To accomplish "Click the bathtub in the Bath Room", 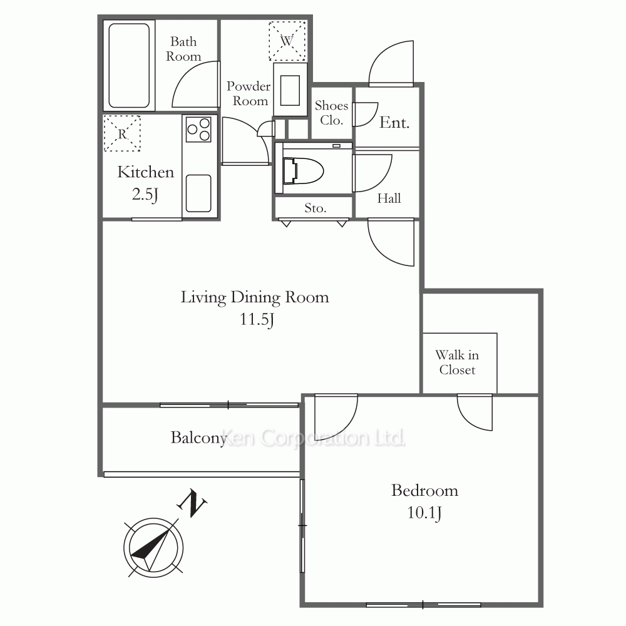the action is (x=129, y=66).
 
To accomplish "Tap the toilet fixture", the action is (x=302, y=171).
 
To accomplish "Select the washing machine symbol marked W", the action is (x=287, y=41).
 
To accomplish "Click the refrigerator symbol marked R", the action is (x=122, y=133).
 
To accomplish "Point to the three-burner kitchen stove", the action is (x=198, y=129).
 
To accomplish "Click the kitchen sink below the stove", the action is (x=198, y=193).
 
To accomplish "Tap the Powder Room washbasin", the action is (x=290, y=90).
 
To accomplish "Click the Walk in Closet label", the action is (x=457, y=362).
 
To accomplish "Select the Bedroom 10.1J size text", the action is (x=424, y=512).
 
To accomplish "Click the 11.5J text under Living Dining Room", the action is (x=257, y=319).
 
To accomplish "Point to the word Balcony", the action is (x=199, y=438).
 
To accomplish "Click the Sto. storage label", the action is (x=316, y=208).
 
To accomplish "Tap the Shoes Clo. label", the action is (x=331, y=113).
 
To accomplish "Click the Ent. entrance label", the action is (x=394, y=123).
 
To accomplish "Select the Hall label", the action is (x=389, y=198).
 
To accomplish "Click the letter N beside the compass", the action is (x=192, y=503).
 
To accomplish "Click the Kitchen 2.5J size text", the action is (x=145, y=195).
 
